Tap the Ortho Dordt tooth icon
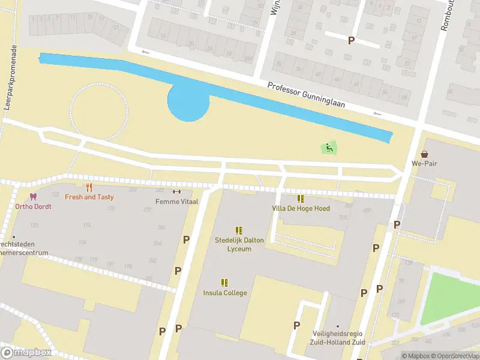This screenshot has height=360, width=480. (33, 197)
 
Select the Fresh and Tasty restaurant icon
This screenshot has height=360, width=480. (89, 188)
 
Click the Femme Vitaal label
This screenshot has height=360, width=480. (176, 201)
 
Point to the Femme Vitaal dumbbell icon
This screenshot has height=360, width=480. (176, 192)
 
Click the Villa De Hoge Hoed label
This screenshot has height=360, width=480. (301, 208)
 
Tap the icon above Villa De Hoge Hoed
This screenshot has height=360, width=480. (301, 199)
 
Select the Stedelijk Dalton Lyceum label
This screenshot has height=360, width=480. (239, 244)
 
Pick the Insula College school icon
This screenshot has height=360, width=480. (224, 283)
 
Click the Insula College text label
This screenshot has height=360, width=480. (224, 293)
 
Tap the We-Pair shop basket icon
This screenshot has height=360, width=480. (425, 154)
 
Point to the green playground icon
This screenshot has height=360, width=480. (328, 147)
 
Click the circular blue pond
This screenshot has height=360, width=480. (188, 102)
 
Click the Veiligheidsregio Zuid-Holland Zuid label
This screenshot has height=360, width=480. (338, 338)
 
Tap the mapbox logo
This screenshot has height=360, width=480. (26, 352)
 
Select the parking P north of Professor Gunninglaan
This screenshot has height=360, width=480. (351, 40)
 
